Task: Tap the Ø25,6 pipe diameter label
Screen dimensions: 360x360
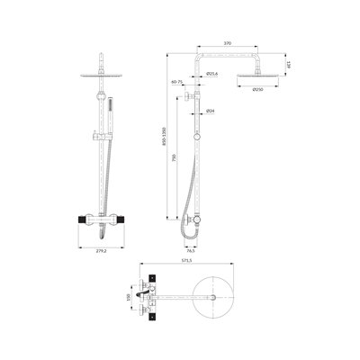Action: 212,73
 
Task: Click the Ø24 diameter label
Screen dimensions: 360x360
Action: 210,112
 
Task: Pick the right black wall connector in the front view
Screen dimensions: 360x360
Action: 125,219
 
